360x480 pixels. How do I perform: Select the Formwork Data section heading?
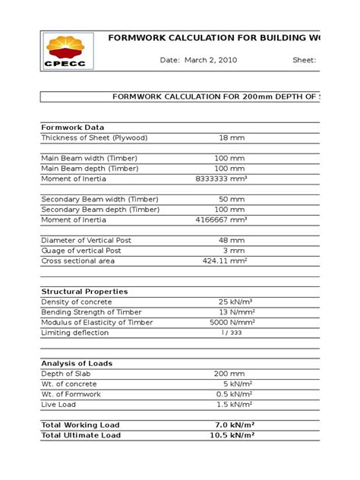pos(73,127)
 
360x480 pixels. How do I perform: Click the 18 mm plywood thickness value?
pos(232,137)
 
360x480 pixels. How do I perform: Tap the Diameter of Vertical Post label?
pos(86,240)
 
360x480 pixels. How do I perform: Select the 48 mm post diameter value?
pos(232,240)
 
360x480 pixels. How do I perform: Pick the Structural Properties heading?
pos(84,292)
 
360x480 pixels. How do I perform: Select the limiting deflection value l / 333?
pos(232,333)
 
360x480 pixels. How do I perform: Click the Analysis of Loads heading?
pos(77,364)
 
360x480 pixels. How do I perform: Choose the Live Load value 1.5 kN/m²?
pos(232,405)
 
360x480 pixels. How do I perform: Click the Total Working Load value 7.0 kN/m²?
pos(232,425)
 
